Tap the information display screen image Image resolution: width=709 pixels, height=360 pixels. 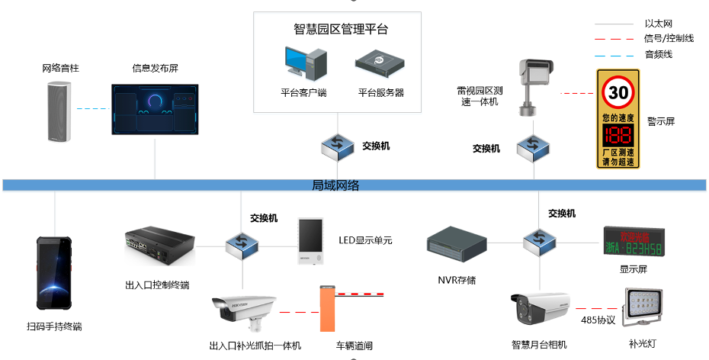155,111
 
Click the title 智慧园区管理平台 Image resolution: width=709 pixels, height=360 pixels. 341,29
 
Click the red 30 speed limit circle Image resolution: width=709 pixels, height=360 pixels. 618,94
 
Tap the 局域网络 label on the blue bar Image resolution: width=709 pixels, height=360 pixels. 335,185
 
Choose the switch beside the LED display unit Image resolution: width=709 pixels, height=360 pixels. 242,245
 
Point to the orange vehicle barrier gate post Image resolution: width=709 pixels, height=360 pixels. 327,309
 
